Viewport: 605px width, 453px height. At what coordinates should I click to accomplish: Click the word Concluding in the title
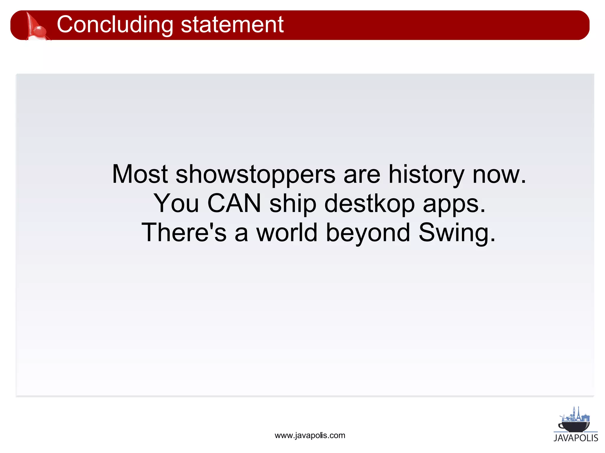coord(115,25)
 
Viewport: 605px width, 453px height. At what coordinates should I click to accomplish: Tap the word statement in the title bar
coord(232,25)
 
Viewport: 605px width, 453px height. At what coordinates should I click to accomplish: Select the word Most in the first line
coord(140,174)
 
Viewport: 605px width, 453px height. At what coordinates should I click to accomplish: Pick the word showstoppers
coord(256,174)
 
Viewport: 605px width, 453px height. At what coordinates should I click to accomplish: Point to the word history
coord(426,174)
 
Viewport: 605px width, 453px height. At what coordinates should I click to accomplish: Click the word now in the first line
coord(499,174)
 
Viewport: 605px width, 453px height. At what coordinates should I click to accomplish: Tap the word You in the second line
coord(176,203)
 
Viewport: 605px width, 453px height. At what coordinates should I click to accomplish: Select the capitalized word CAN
coord(234,203)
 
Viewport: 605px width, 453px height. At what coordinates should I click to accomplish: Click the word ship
coord(293,203)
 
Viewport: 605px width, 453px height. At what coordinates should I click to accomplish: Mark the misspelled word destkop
coord(370,203)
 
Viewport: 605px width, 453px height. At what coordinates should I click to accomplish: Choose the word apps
coord(454,203)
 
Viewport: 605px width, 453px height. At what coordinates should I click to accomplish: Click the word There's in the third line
coord(184,232)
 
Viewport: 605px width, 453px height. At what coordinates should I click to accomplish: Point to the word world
coord(287,232)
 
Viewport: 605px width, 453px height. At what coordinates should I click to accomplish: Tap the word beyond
coord(368,232)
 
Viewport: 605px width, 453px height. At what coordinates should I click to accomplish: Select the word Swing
coord(456,232)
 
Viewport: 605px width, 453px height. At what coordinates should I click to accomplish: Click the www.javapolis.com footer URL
coord(310,435)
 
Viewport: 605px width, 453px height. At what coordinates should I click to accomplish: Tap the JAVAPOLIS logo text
coord(576,438)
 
